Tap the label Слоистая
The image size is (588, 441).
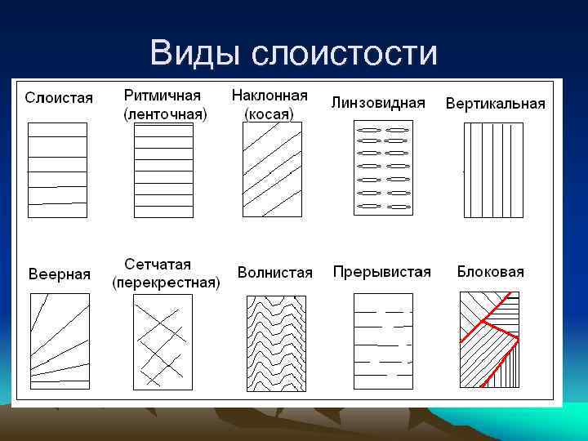[x=59, y=98]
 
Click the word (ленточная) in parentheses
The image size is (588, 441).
[x=166, y=114]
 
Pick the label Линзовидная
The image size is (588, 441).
[x=378, y=102]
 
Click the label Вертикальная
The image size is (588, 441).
[x=495, y=104]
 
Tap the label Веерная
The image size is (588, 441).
[x=60, y=274]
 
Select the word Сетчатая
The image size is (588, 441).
[x=158, y=265]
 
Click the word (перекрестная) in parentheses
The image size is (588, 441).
[x=166, y=283]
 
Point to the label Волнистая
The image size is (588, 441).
[x=275, y=273]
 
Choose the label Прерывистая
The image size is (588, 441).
[x=381, y=272]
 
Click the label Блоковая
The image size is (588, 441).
[x=490, y=272]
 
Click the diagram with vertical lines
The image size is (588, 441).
[x=493, y=170]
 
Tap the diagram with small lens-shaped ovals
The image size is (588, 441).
[x=382, y=168]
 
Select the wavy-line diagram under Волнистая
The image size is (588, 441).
[x=274, y=343]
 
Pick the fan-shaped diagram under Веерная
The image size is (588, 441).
[x=59, y=343]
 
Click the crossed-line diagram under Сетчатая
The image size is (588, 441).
[x=163, y=341]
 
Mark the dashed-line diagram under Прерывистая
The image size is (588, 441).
[x=382, y=343]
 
